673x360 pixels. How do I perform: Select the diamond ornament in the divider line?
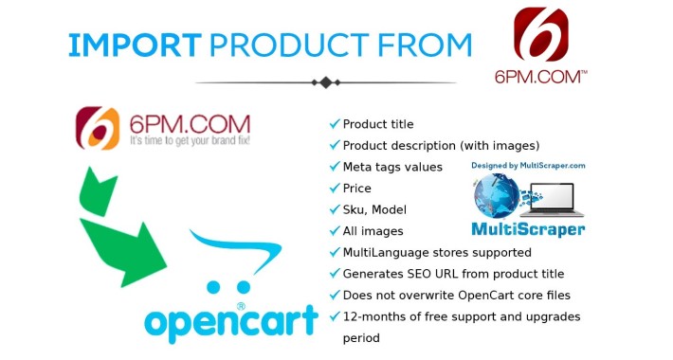pos(327,82)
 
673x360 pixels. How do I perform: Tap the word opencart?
pos(229,319)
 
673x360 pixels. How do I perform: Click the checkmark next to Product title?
pos(335,124)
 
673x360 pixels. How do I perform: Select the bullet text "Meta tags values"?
pos(392,167)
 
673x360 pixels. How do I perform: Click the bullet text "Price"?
pos(357,189)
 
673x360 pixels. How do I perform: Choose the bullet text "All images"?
pos(373,231)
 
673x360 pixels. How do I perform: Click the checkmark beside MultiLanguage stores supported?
pos(335,253)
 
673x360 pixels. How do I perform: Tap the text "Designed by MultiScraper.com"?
pos(528,165)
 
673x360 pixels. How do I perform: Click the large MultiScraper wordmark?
pos(528,229)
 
